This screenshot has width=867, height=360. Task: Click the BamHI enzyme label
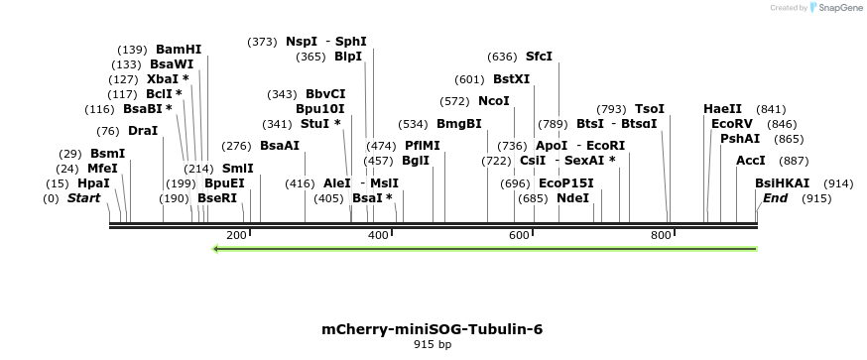179,50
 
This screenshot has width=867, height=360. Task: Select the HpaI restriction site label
93,183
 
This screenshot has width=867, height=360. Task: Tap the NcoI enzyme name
493,101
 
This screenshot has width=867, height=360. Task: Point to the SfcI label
539,57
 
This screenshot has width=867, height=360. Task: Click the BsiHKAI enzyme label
782,183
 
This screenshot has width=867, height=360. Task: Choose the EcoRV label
732,124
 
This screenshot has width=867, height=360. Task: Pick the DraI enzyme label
143,131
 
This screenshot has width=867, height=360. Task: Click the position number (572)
454,101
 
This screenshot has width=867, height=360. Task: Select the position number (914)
838,183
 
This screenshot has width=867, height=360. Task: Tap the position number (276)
236,146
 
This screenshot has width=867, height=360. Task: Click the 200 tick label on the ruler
236,235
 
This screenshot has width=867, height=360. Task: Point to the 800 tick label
661,235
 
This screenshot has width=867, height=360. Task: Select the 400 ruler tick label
378,235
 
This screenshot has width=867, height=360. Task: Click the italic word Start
84,198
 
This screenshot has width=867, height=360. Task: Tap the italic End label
775,198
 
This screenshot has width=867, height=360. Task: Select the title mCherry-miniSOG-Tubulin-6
432,329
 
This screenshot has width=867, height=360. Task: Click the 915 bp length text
432,345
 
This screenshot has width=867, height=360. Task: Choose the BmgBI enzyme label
458,124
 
